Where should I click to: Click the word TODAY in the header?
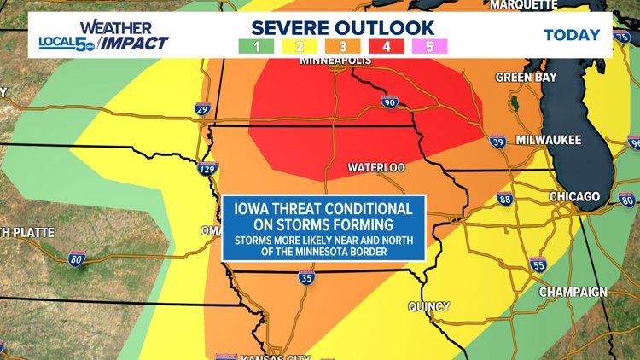[572, 35]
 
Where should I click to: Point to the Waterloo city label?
[376, 168]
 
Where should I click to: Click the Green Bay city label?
[526, 77]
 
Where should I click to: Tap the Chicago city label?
[574, 197]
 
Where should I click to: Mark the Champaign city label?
[573, 292]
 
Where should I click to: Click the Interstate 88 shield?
[505, 200]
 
